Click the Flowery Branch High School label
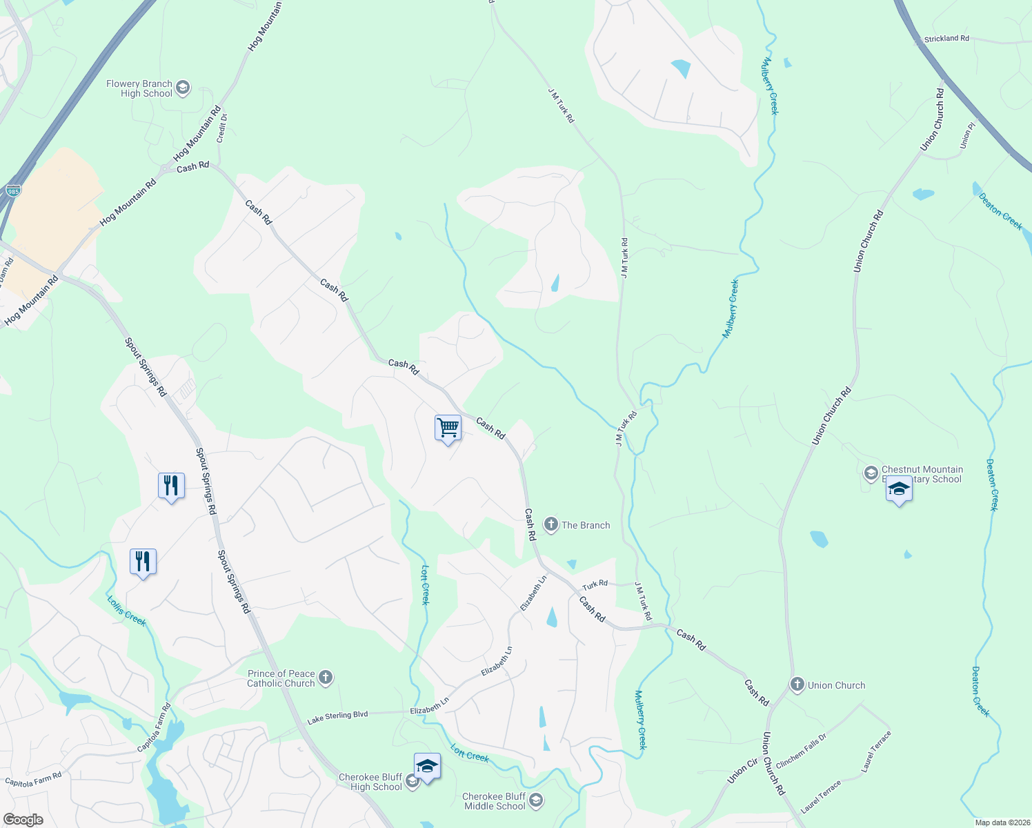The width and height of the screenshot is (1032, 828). coord(139,88)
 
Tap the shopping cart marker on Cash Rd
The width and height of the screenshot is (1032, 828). coord(448,428)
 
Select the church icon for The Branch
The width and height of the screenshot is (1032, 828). coord(550,525)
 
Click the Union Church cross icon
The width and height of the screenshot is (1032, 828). coord(797,685)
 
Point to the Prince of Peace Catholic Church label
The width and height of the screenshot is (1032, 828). coord(281,678)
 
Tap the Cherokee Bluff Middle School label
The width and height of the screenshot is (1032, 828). coord(495,801)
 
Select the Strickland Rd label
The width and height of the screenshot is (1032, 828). coord(946,39)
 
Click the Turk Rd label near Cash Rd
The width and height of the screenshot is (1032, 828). coord(594,584)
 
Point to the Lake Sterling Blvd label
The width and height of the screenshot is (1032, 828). coord(337,717)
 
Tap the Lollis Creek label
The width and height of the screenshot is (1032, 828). coord(127,611)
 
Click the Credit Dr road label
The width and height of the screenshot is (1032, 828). coord(222,128)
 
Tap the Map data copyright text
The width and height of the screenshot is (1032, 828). coord(1001,822)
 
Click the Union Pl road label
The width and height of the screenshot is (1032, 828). coord(967,135)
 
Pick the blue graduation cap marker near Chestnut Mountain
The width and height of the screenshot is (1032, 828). coord(898,491)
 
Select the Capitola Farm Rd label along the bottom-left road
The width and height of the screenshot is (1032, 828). coord(33,779)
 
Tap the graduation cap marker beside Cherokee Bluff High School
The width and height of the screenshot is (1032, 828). coord(427,767)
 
